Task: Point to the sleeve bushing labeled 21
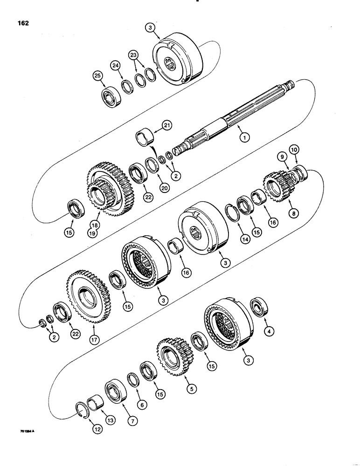click(144, 139)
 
